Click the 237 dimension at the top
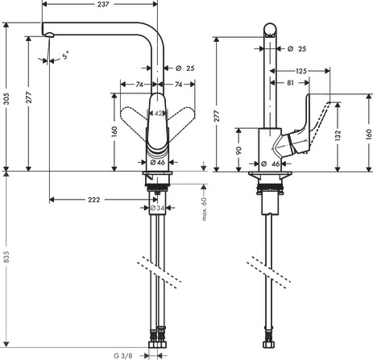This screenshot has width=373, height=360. coord(103,4)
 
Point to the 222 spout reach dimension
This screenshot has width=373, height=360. coord(94,200)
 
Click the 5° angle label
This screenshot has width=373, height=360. coord(65,55)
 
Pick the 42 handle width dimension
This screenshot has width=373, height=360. coord(159,114)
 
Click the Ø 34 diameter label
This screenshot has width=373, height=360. coord(157,208)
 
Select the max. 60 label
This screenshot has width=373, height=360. coord(205,209)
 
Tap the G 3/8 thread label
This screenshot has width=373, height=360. coord(122,356)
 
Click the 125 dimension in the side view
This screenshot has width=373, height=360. coord(301,71)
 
